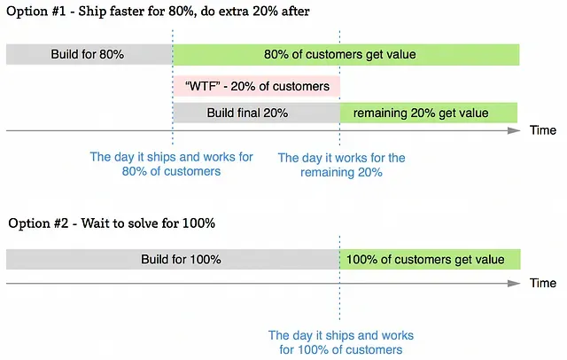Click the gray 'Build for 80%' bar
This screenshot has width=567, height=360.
(89, 54)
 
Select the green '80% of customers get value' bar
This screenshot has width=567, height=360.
(346, 55)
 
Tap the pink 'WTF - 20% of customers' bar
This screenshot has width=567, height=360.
(257, 86)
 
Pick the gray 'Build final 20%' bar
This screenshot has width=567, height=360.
(257, 113)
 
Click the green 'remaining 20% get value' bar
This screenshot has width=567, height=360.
(429, 113)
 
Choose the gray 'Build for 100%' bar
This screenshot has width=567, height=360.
(173, 259)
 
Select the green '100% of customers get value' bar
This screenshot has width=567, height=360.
(430, 259)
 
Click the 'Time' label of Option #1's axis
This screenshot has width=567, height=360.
(543, 130)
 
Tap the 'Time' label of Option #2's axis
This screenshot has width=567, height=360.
(543, 283)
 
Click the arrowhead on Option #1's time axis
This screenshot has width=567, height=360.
(514, 130)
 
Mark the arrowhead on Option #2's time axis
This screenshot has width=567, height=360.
(514, 283)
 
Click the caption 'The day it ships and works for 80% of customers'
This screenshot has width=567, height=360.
(171, 164)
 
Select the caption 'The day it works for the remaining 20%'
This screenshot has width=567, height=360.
(341, 165)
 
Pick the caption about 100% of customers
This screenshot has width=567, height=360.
(340, 342)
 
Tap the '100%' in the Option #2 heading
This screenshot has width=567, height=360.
(198, 223)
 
